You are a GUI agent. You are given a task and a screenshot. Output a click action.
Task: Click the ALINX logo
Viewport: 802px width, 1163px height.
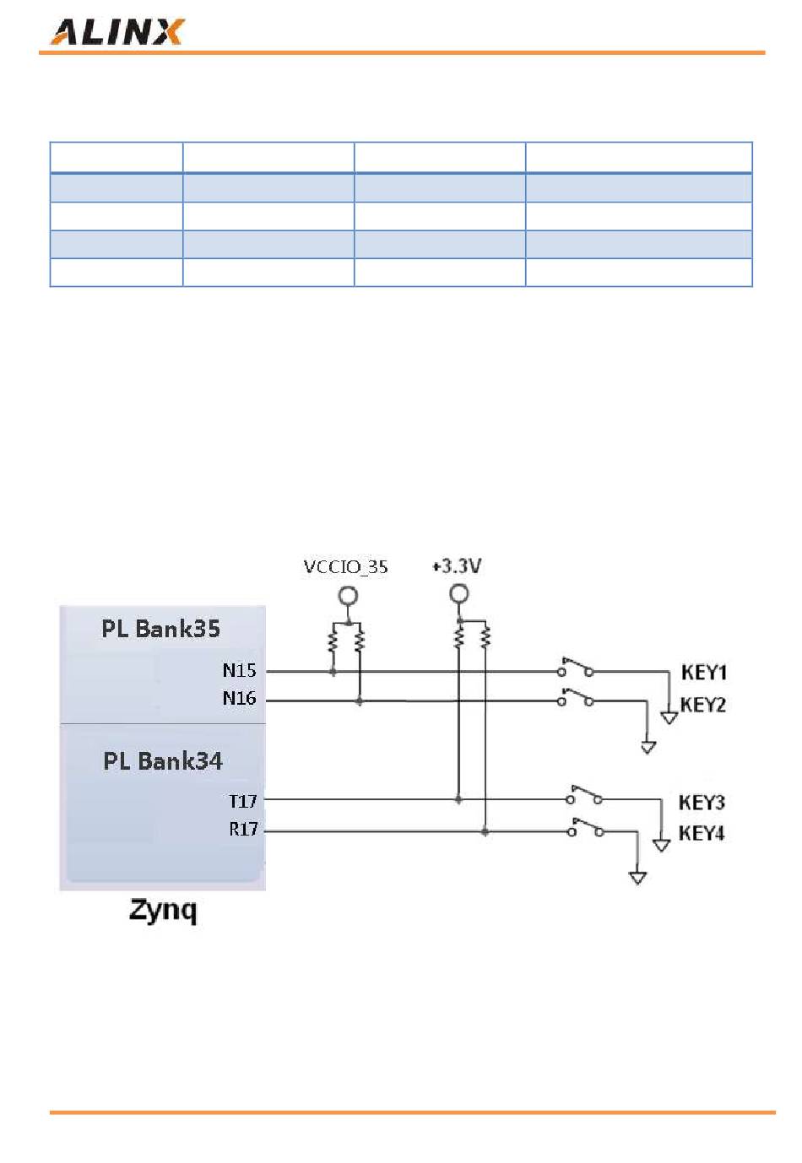coord(117,32)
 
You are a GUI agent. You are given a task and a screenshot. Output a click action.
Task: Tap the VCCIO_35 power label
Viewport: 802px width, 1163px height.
coord(345,566)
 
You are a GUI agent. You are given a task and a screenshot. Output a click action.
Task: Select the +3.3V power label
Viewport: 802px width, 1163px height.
coord(457,565)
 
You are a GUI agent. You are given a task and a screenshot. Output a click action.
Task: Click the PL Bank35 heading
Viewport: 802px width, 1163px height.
coord(160,629)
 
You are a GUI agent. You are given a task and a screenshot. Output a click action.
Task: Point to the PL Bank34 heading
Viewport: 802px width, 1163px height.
coord(163,761)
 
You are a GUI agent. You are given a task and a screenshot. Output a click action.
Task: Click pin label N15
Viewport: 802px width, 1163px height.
coord(239,670)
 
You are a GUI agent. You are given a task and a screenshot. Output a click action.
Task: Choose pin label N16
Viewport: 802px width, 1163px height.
coord(239,698)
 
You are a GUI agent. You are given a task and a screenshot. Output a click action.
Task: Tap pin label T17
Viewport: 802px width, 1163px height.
coord(243,801)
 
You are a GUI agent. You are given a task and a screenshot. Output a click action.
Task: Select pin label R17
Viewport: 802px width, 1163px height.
coord(243,829)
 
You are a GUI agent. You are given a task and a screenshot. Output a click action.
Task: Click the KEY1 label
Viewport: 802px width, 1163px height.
coord(704,673)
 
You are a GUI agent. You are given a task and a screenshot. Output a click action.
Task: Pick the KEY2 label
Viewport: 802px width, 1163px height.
coord(702,705)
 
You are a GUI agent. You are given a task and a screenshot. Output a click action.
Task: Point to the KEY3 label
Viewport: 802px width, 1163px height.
coord(702,803)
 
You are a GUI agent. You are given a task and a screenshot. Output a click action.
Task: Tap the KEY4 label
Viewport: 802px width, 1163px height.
coord(702,833)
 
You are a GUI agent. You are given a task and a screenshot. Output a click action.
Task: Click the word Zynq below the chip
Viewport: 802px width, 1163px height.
coord(163,910)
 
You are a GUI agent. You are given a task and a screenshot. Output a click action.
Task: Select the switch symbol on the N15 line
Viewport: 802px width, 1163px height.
coord(576,668)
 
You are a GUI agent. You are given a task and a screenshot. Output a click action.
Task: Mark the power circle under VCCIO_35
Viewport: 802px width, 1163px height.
coord(348,596)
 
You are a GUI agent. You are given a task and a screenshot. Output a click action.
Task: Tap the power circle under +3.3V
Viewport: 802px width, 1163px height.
coord(458,593)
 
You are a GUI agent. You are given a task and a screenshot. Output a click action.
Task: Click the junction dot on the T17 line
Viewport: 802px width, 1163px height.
coord(458,799)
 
